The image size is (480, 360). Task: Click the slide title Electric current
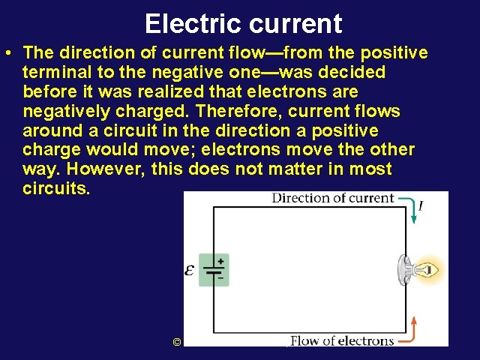coord(243,23)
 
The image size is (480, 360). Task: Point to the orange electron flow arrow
coord(413,329)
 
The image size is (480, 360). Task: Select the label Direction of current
coord(332,198)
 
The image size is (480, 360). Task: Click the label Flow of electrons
coord(342,340)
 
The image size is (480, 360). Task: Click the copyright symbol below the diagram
coord(177,342)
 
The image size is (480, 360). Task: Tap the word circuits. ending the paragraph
coord(56,189)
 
